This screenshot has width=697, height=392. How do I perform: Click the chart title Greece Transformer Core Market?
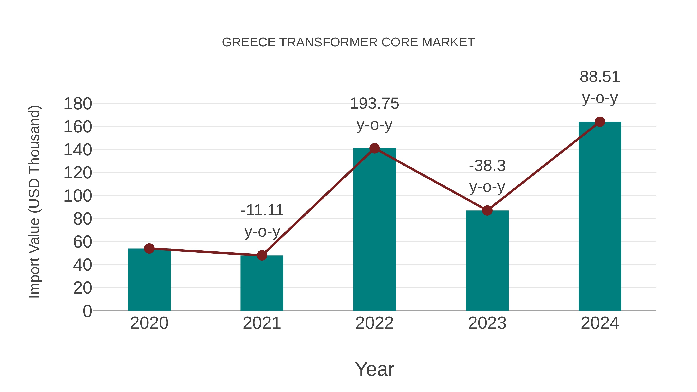pyautogui.click(x=348, y=42)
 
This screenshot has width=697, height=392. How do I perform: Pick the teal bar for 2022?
pyautogui.click(x=374, y=230)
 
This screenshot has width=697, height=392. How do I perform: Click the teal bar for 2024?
pyautogui.click(x=600, y=216)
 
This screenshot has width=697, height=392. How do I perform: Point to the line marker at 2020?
pyautogui.click(x=149, y=248)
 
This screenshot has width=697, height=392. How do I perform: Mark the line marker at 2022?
pyautogui.click(x=374, y=148)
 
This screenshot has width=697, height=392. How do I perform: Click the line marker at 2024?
pyautogui.click(x=600, y=122)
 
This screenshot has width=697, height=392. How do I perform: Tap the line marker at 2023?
pyautogui.click(x=487, y=210)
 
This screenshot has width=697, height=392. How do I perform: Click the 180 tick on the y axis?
pyautogui.click(x=78, y=104)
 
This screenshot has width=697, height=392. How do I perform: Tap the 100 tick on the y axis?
pyautogui.click(x=78, y=196)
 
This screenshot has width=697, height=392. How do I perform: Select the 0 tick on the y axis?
pyautogui.click(x=87, y=311)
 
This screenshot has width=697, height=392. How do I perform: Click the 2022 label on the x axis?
pyautogui.click(x=374, y=323)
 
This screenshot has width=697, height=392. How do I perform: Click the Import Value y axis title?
pyautogui.click(x=35, y=202)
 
